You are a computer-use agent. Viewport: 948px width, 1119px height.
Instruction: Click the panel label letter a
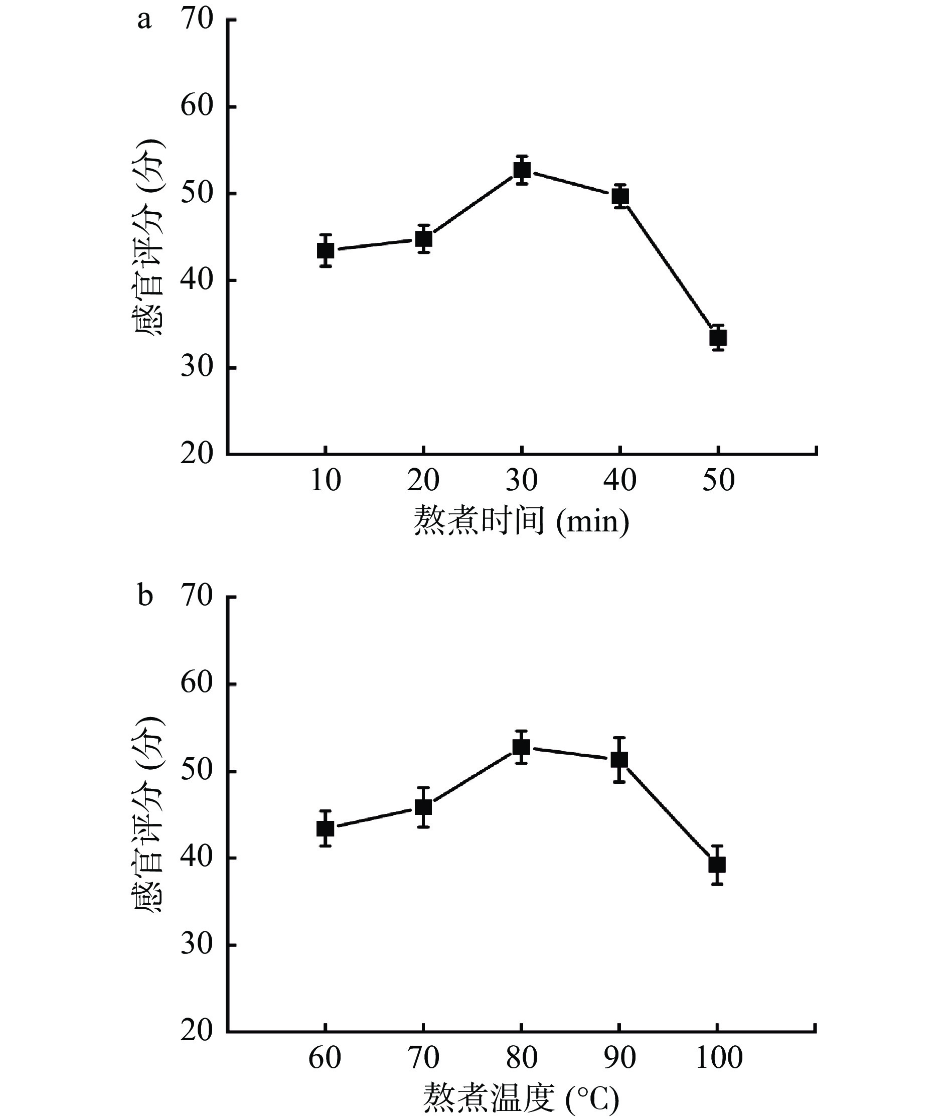pyautogui.click(x=144, y=21)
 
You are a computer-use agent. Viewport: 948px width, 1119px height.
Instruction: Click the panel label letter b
pyautogui.click(x=145, y=596)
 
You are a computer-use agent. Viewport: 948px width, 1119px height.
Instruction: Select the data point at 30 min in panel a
pyautogui.click(x=522, y=171)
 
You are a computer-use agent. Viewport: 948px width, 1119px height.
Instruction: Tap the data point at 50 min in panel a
pyautogui.click(x=718, y=338)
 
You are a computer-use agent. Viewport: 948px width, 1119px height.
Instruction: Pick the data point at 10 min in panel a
pyautogui.click(x=326, y=250)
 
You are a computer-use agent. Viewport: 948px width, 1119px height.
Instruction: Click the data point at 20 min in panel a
pyautogui.click(x=424, y=239)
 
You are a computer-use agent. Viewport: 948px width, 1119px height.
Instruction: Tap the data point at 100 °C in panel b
pyautogui.click(x=717, y=865)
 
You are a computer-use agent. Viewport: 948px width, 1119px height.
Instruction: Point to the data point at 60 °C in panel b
pyautogui.click(x=325, y=828)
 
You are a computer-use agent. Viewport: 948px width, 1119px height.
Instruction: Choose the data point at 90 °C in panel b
pyautogui.click(x=619, y=759)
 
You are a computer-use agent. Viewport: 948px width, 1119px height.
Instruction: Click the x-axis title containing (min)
pyautogui.click(x=521, y=521)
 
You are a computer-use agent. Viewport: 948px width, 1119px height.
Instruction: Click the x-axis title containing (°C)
pyautogui.click(x=521, y=1098)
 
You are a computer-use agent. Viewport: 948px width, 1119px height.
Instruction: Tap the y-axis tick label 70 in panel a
pyautogui.click(x=197, y=20)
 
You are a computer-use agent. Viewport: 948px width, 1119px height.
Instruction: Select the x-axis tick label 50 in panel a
pyautogui.click(x=718, y=480)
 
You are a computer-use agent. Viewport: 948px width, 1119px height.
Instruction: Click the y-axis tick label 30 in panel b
pyautogui.click(x=197, y=944)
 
